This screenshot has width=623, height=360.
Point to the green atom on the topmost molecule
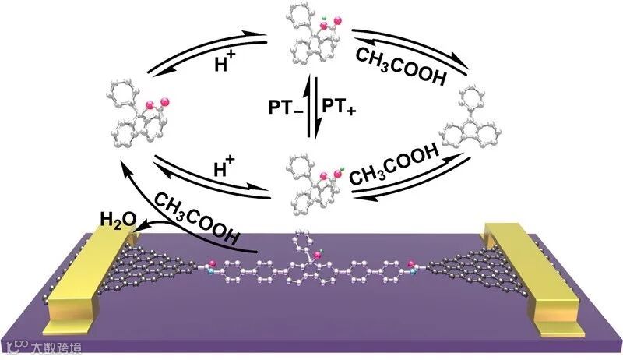click(x=322, y=15)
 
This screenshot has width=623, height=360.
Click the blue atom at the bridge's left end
click(x=211, y=270)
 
